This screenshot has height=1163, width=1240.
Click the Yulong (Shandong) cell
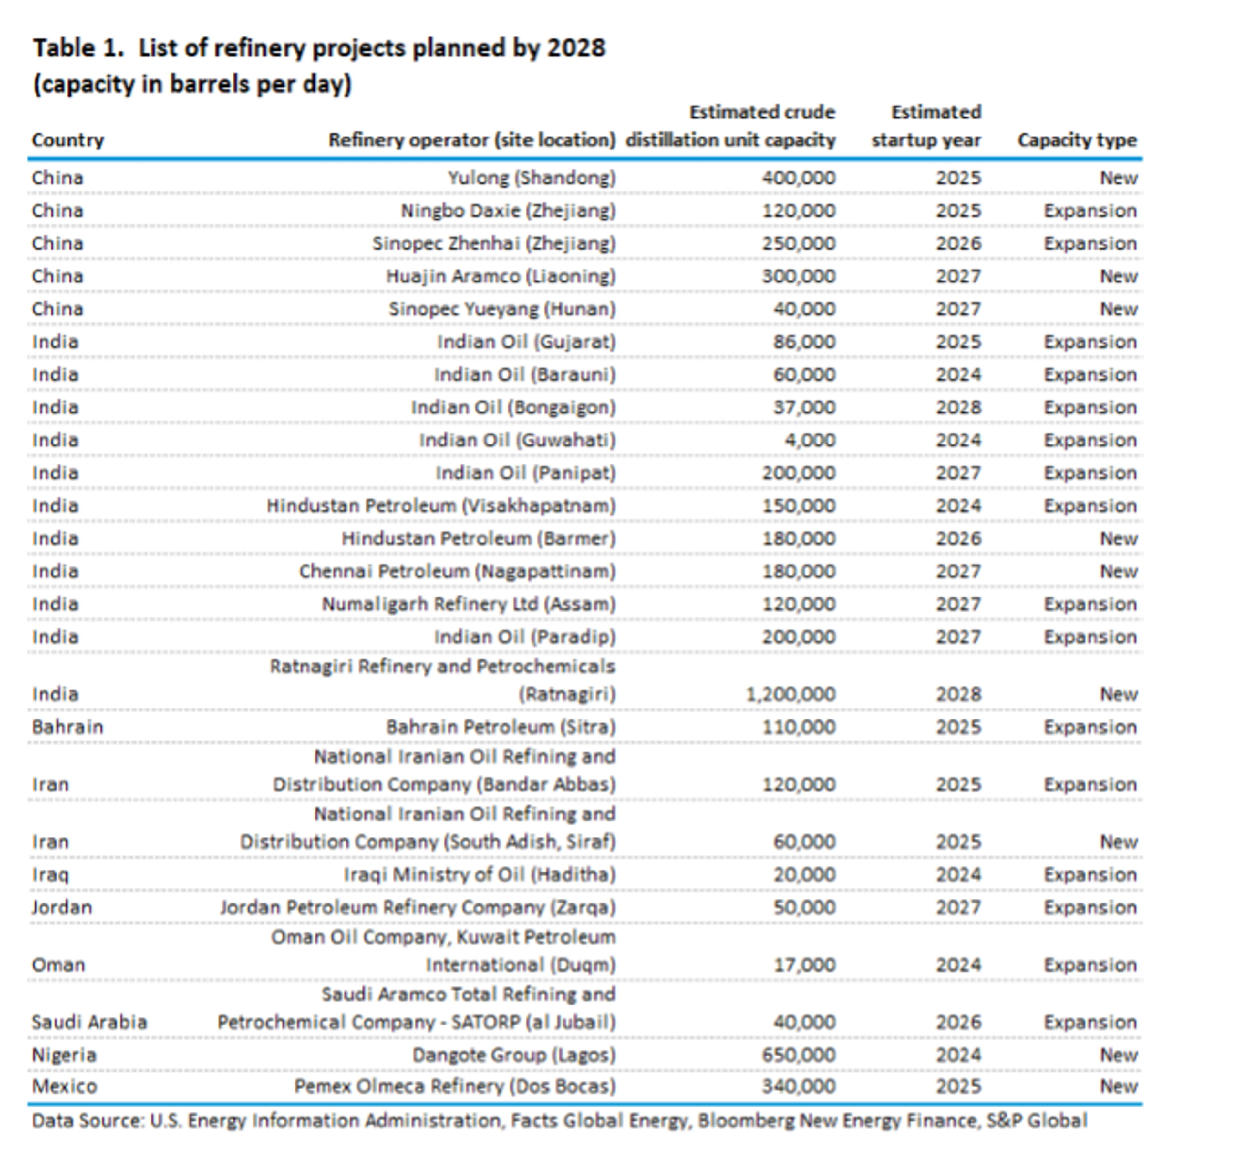tap(532, 178)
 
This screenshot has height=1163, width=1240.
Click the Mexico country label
tap(64, 1086)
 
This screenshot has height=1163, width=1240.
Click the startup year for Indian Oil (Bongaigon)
tap(958, 407)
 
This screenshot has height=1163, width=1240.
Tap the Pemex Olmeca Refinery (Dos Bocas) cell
tap(455, 1086)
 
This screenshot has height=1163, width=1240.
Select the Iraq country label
tap(50, 874)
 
